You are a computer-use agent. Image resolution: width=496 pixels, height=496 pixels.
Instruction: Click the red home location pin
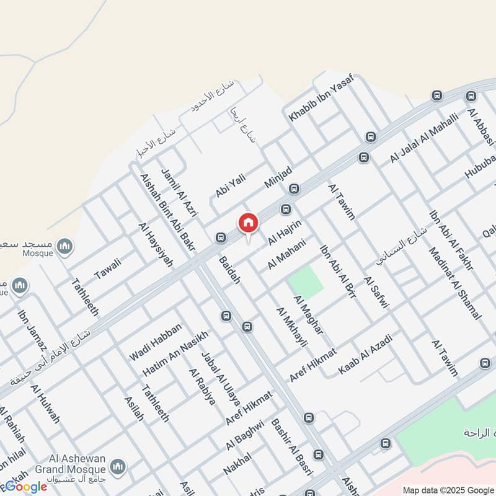[x=248, y=223]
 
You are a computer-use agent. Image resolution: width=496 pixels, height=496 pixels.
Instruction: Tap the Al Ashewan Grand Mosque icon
[x=118, y=466]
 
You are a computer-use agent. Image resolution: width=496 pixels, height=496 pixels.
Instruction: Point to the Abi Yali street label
[x=230, y=185]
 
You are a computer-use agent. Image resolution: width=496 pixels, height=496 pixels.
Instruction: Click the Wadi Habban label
[x=155, y=343]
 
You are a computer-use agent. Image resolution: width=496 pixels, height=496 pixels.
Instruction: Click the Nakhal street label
[x=237, y=464]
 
